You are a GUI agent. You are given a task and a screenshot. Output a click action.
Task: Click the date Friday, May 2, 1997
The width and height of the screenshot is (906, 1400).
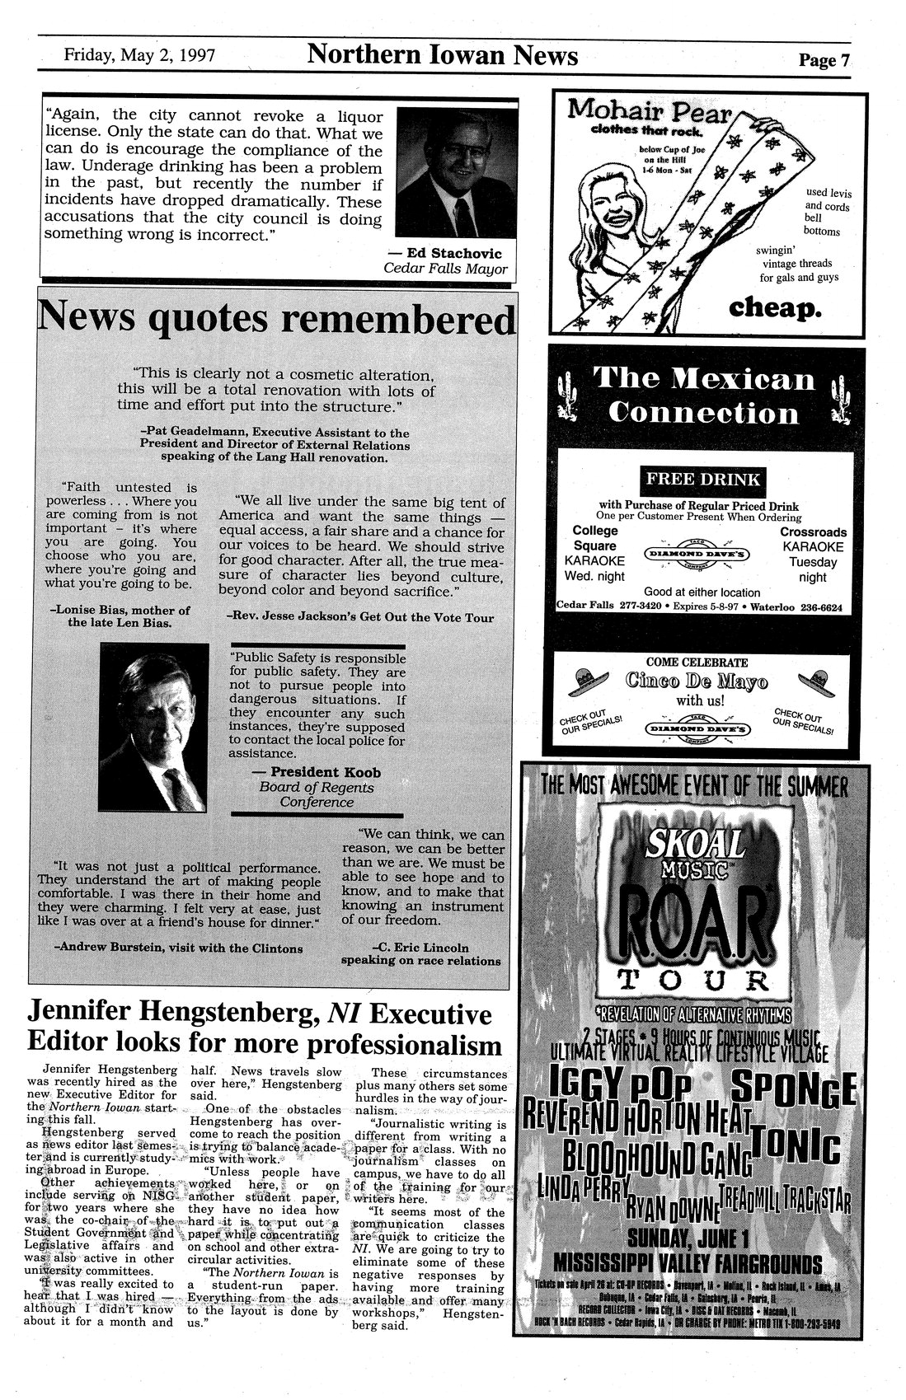pyautogui.click(x=140, y=57)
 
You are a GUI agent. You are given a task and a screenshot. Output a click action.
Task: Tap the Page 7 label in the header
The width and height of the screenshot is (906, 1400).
pyautogui.click(x=823, y=60)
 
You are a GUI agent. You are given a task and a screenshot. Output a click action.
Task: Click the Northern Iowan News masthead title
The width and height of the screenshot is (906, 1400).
pyautogui.click(x=443, y=55)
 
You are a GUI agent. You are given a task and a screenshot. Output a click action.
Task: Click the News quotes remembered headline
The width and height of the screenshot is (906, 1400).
pyautogui.click(x=275, y=319)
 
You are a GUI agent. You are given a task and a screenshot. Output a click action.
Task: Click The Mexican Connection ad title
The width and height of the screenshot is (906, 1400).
pyautogui.click(x=703, y=395)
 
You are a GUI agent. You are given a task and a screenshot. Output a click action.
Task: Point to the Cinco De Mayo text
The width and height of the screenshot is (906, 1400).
pyautogui.click(x=697, y=681)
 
